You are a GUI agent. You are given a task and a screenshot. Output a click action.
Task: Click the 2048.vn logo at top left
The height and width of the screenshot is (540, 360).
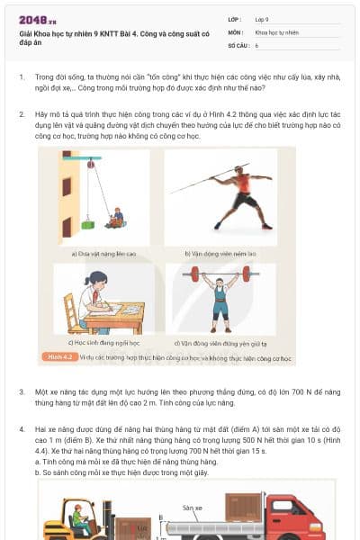pyautogui.click(x=36, y=19)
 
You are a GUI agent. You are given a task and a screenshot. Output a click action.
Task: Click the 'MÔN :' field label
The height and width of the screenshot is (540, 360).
pyautogui.click(x=237, y=31)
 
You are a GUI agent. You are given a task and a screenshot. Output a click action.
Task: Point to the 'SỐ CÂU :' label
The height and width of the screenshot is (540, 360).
pyautogui.click(x=238, y=44)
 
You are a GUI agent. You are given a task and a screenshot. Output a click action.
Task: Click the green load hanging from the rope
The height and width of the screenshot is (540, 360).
pyautogui.click(x=87, y=222)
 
